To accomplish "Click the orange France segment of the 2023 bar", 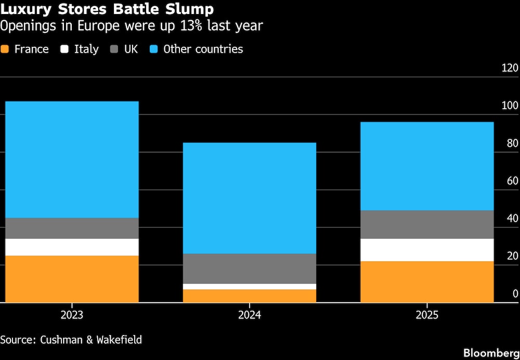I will [x=72, y=279].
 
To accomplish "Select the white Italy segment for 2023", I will [x=72, y=247].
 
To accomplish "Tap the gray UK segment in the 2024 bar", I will [x=250, y=268].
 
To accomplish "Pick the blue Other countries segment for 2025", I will [x=427, y=166].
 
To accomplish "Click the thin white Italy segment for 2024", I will [x=250, y=287].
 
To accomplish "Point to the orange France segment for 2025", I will [x=427, y=281].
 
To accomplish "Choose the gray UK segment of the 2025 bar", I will [x=427, y=225].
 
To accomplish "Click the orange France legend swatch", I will [x=5, y=49].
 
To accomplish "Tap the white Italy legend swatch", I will [x=65, y=49].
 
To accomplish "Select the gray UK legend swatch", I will [x=115, y=49].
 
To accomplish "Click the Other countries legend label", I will [x=203, y=49].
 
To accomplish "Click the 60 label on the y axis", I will [x=512, y=181].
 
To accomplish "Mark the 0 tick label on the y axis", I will [x=515, y=294].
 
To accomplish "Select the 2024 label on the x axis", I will [x=250, y=315].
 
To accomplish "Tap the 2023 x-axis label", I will [x=72, y=315].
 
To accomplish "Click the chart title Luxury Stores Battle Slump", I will [x=107, y=9].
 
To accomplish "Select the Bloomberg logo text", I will [x=491, y=353].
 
